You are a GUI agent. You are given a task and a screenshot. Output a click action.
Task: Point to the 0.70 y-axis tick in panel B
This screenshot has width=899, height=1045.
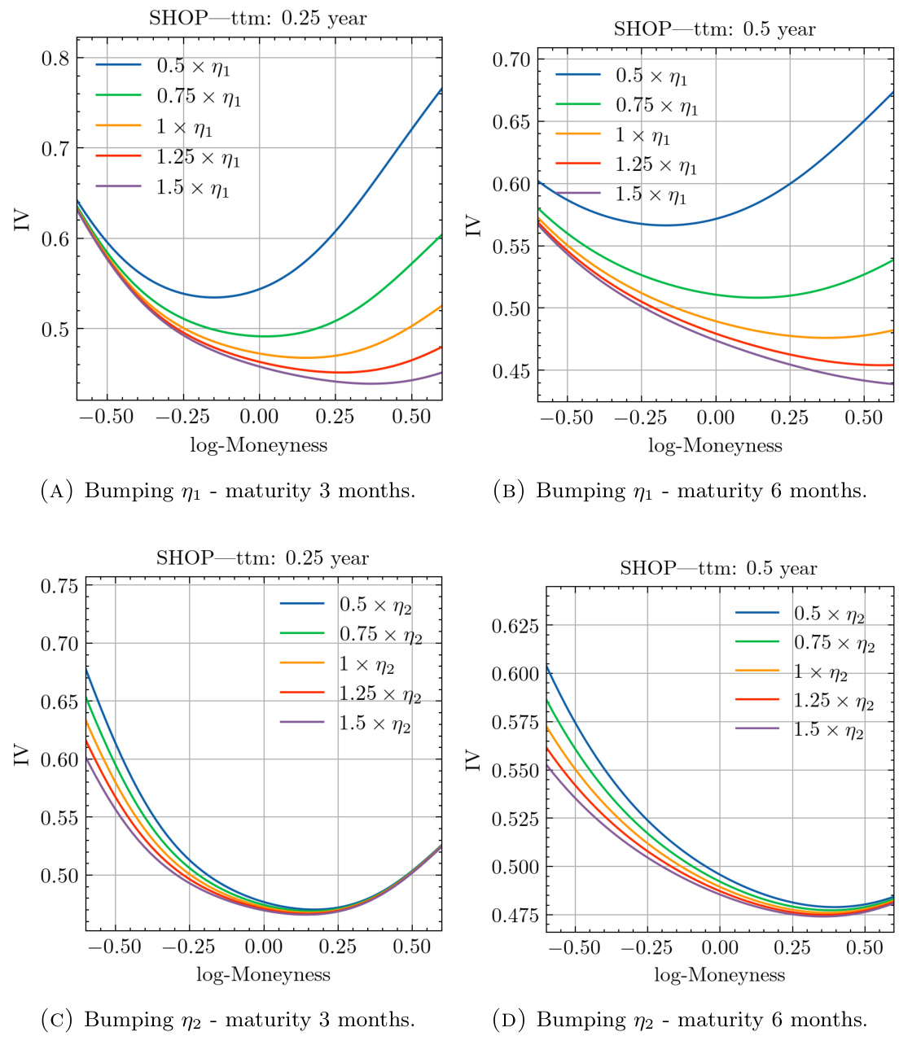point(511,59)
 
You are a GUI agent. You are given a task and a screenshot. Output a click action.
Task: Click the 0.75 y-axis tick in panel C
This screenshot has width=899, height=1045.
point(59,586)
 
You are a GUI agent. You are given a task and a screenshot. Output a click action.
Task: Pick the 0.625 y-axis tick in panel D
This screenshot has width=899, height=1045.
point(513,626)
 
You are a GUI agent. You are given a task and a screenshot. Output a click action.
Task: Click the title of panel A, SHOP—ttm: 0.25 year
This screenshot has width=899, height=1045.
point(257,19)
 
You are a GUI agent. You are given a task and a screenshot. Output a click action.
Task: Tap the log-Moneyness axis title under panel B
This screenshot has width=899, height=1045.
point(715,445)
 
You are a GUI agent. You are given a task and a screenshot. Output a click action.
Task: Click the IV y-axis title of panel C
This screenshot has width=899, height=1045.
point(22,754)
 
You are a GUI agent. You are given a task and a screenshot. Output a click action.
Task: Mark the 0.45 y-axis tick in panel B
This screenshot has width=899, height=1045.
point(511,371)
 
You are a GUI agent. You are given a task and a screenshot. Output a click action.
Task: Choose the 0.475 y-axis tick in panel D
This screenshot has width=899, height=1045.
point(513,916)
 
